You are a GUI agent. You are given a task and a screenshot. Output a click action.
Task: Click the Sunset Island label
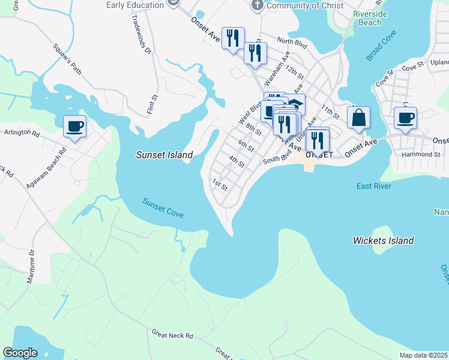[164, 155]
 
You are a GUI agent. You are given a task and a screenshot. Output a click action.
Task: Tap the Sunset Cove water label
[163, 208]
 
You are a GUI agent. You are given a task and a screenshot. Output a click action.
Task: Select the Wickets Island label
[383, 241]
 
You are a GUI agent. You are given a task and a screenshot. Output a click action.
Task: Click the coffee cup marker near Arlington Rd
[74, 127]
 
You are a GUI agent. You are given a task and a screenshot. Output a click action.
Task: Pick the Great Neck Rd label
[172, 334]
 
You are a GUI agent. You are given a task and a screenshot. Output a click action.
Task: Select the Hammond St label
[420, 154]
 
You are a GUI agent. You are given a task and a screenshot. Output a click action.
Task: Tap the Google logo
[20, 353]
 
